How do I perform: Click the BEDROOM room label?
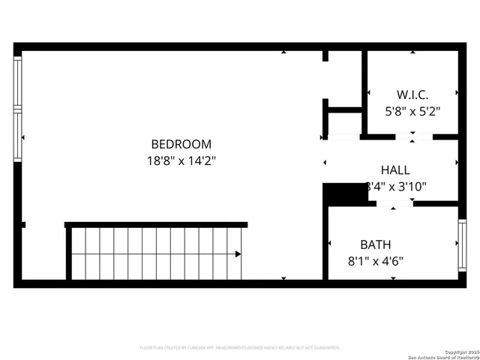181,144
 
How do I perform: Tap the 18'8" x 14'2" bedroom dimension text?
181,160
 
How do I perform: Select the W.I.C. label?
412,95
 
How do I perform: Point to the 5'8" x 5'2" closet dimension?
412,111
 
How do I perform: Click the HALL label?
395,170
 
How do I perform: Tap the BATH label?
376,244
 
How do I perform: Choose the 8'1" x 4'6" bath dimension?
376,261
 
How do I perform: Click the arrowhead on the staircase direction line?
238,254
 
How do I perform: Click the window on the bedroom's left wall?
18,109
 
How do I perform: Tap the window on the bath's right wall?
462,244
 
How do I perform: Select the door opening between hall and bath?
395,203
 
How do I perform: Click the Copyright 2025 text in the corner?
460,352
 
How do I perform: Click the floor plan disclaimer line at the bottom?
240,348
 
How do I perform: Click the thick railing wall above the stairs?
156,224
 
